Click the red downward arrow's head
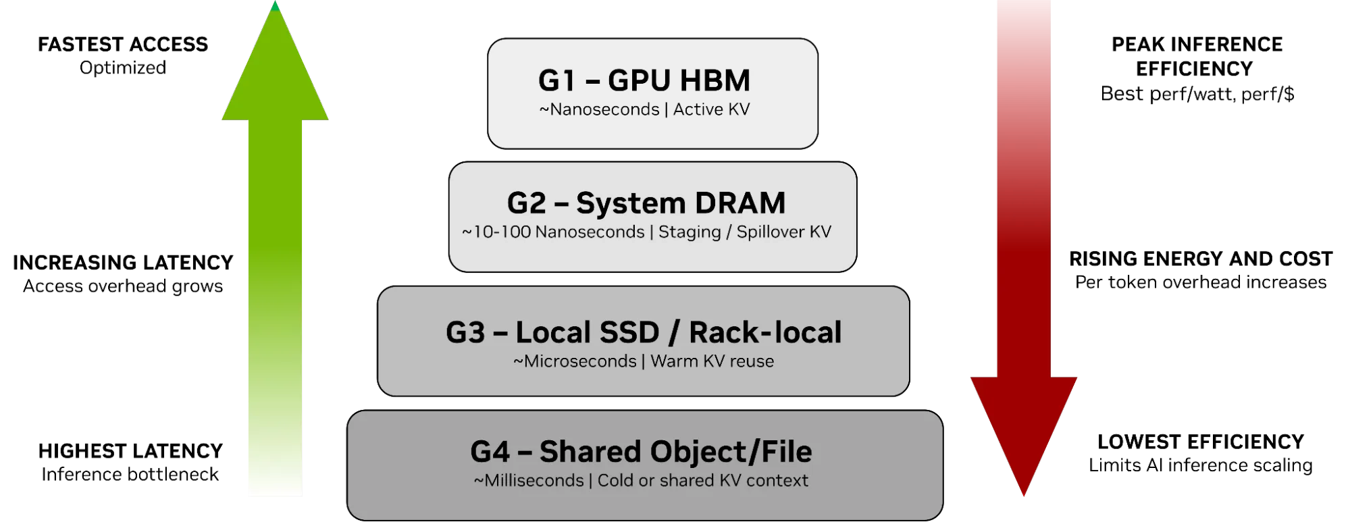[x=1023, y=425]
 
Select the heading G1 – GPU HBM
[x=644, y=81]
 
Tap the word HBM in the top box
[x=715, y=81]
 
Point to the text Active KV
[x=711, y=109]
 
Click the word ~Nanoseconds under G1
[x=599, y=109]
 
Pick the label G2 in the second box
[x=526, y=203]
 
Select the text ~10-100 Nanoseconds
[x=553, y=232]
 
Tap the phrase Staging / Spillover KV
[x=744, y=232]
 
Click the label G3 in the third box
[x=465, y=333]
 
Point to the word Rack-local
[x=765, y=333]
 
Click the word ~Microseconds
[x=575, y=361]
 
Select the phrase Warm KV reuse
[x=712, y=361]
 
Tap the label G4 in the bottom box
[x=490, y=452]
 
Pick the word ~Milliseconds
[x=529, y=481]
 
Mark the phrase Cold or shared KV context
[x=702, y=481]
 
